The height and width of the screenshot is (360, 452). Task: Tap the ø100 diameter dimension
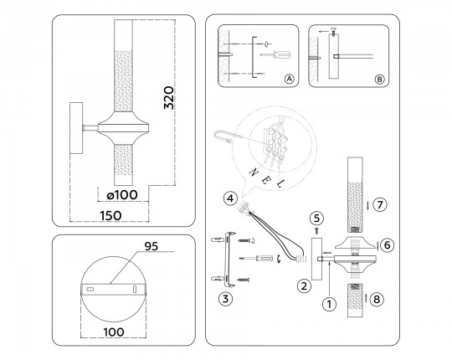coord(122,195)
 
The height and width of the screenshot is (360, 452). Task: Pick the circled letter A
coord(290,80)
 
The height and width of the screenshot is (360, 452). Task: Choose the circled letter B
coord(379,80)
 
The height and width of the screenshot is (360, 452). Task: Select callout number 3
coord(224,297)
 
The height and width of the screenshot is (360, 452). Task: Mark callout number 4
coord(229,198)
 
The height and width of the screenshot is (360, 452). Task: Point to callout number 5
coord(316,218)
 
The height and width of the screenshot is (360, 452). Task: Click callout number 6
coord(386,244)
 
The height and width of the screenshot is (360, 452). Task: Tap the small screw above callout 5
coord(316,232)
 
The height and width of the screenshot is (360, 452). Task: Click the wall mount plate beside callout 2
coord(316,259)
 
